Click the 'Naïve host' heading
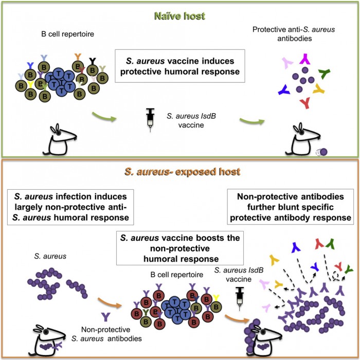pyautogui.click(x=181, y=16)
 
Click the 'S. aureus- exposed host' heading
pyautogui.click(x=181, y=170)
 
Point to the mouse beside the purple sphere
pyautogui.click(x=297, y=139)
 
